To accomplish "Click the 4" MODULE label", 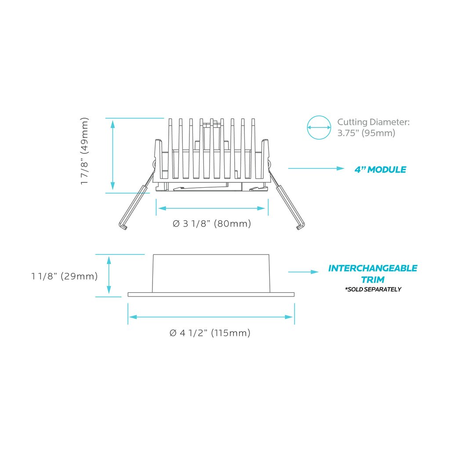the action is pos(380,170).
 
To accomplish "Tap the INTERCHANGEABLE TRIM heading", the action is pos(373,274).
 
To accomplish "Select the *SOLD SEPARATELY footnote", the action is pos(373,289).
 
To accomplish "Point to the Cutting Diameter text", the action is pos(374,127).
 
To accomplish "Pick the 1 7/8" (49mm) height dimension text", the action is pos(84,151).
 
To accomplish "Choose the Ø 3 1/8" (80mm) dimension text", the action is pos(212,224).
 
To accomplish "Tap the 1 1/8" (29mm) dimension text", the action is pos(65,276).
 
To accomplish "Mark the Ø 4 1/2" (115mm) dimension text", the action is pos(210,333).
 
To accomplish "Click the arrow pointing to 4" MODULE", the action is pos(316,168).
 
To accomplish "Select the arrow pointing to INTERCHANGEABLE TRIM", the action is pos(303,272).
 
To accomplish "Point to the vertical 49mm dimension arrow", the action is pos(113,155).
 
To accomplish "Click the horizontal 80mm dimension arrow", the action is pos(211,208).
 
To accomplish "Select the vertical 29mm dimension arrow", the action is pos(109,275).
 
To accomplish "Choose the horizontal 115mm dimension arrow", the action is pos(211,317).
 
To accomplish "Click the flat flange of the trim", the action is pos(211,294).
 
